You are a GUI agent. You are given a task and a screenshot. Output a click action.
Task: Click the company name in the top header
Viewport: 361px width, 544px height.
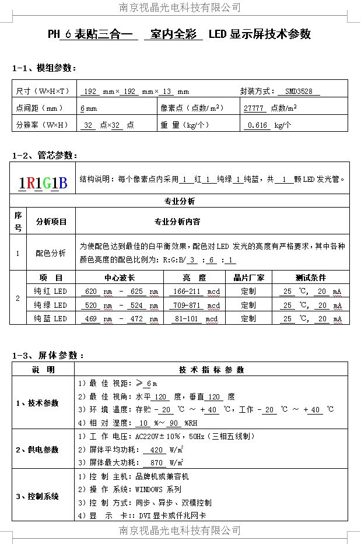click(180, 8)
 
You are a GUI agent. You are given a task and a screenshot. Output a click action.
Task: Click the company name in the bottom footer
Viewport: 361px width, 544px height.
click(180, 530)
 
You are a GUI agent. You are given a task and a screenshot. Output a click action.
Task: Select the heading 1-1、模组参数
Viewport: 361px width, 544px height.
click(44, 68)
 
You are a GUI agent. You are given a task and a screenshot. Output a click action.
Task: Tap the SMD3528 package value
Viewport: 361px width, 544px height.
click(299, 92)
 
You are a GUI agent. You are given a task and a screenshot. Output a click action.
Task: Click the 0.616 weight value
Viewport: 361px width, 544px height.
click(257, 125)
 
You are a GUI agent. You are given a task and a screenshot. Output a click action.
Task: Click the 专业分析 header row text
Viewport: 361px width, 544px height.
click(180, 202)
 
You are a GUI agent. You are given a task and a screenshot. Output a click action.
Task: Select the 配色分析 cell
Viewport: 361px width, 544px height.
click(51, 253)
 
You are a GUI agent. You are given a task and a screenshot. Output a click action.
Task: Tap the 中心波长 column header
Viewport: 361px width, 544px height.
click(120, 278)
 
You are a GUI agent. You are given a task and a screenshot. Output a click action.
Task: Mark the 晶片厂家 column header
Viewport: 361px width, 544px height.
click(248, 278)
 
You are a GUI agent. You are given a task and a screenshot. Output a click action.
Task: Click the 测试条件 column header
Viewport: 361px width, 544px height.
click(311, 278)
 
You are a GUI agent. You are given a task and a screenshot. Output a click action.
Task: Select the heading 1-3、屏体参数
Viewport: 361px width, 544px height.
click(48, 355)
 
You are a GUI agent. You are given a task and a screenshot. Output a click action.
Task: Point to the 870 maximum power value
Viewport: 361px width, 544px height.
click(156, 462)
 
